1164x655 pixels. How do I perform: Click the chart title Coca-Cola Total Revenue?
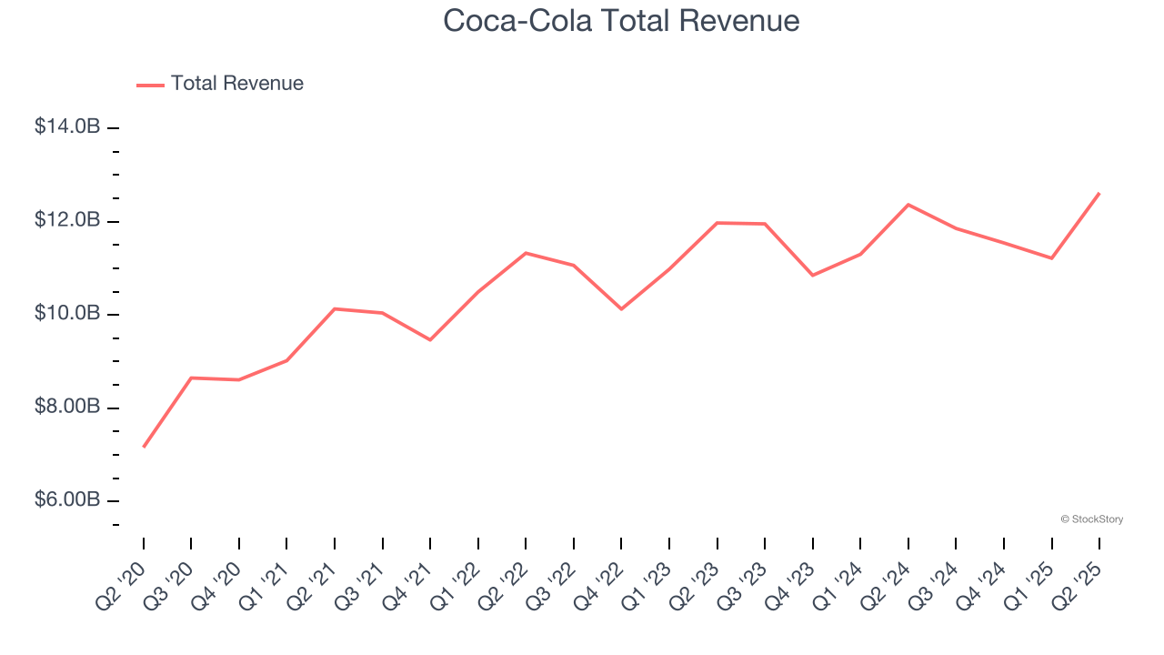(x=621, y=20)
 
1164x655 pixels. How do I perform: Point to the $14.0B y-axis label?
(x=67, y=127)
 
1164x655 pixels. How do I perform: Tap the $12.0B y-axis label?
(x=67, y=220)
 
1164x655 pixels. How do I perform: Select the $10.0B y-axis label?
(x=67, y=314)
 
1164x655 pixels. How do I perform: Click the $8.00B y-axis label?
(x=67, y=407)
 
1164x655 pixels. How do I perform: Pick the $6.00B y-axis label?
(x=67, y=500)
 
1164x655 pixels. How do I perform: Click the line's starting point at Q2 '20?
(x=144, y=447)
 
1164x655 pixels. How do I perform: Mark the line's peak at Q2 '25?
(x=1099, y=193)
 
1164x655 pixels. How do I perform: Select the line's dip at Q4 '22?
(x=621, y=309)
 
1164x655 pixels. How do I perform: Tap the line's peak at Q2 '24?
(x=908, y=205)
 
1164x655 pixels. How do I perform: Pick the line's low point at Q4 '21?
(x=430, y=340)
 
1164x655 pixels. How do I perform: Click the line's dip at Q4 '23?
(x=812, y=275)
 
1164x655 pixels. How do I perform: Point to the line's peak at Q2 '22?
(x=526, y=253)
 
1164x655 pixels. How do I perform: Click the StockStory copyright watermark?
(x=1091, y=519)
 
